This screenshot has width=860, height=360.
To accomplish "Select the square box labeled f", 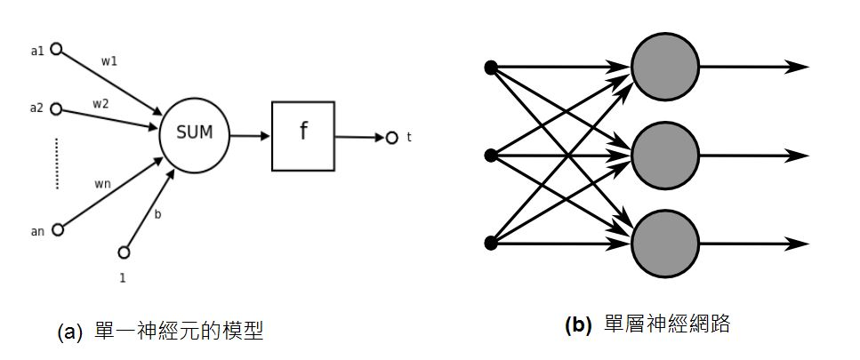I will pyautogui.click(x=303, y=136).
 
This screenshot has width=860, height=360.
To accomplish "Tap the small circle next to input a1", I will pyautogui.click(x=56, y=49).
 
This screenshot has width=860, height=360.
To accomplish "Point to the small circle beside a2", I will pyautogui.click(x=55, y=109).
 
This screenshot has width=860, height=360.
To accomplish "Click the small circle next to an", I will pyautogui.click(x=58, y=229).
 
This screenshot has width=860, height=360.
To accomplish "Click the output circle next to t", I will pyautogui.click(x=391, y=138).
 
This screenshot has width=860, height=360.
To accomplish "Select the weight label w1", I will pyautogui.click(x=109, y=62).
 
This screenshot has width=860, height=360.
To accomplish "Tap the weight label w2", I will pyautogui.click(x=100, y=103).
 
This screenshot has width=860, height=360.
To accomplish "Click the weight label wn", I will pyautogui.click(x=101, y=184).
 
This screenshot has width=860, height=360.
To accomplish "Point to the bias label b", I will pyautogui.click(x=157, y=214).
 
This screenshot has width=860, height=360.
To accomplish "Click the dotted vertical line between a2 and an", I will pyautogui.click(x=57, y=163).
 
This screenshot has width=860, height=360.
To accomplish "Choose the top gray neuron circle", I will pyautogui.click(x=664, y=68).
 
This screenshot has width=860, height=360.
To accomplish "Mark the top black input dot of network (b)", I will pyautogui.click(x=489, y=68).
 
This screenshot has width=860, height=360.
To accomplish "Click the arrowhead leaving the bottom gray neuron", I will pyautogui.click(x=798, y=243).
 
